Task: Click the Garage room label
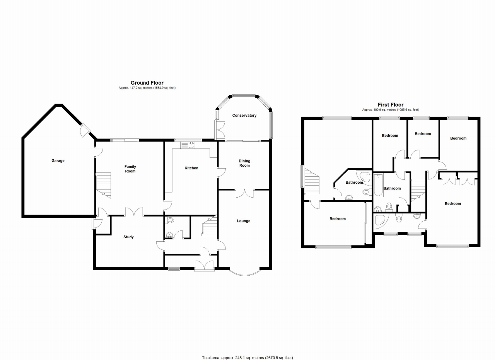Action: [x=58, y=160]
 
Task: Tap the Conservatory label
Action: [x=244, y=115]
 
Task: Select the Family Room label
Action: [x=130, y=169]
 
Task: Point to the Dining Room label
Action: [x=244, y=163]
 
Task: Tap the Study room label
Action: [x=128, y=237]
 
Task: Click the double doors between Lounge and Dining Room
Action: [x=244, y=193]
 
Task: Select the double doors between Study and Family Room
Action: [x=134, y=212]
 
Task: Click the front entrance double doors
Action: [x=204, y=265]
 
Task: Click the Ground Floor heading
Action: [x=147, y=83]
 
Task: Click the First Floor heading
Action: [x=391, y=105]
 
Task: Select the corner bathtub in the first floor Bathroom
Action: [x=365, y=176]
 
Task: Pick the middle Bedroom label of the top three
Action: [x=422, y=134]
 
